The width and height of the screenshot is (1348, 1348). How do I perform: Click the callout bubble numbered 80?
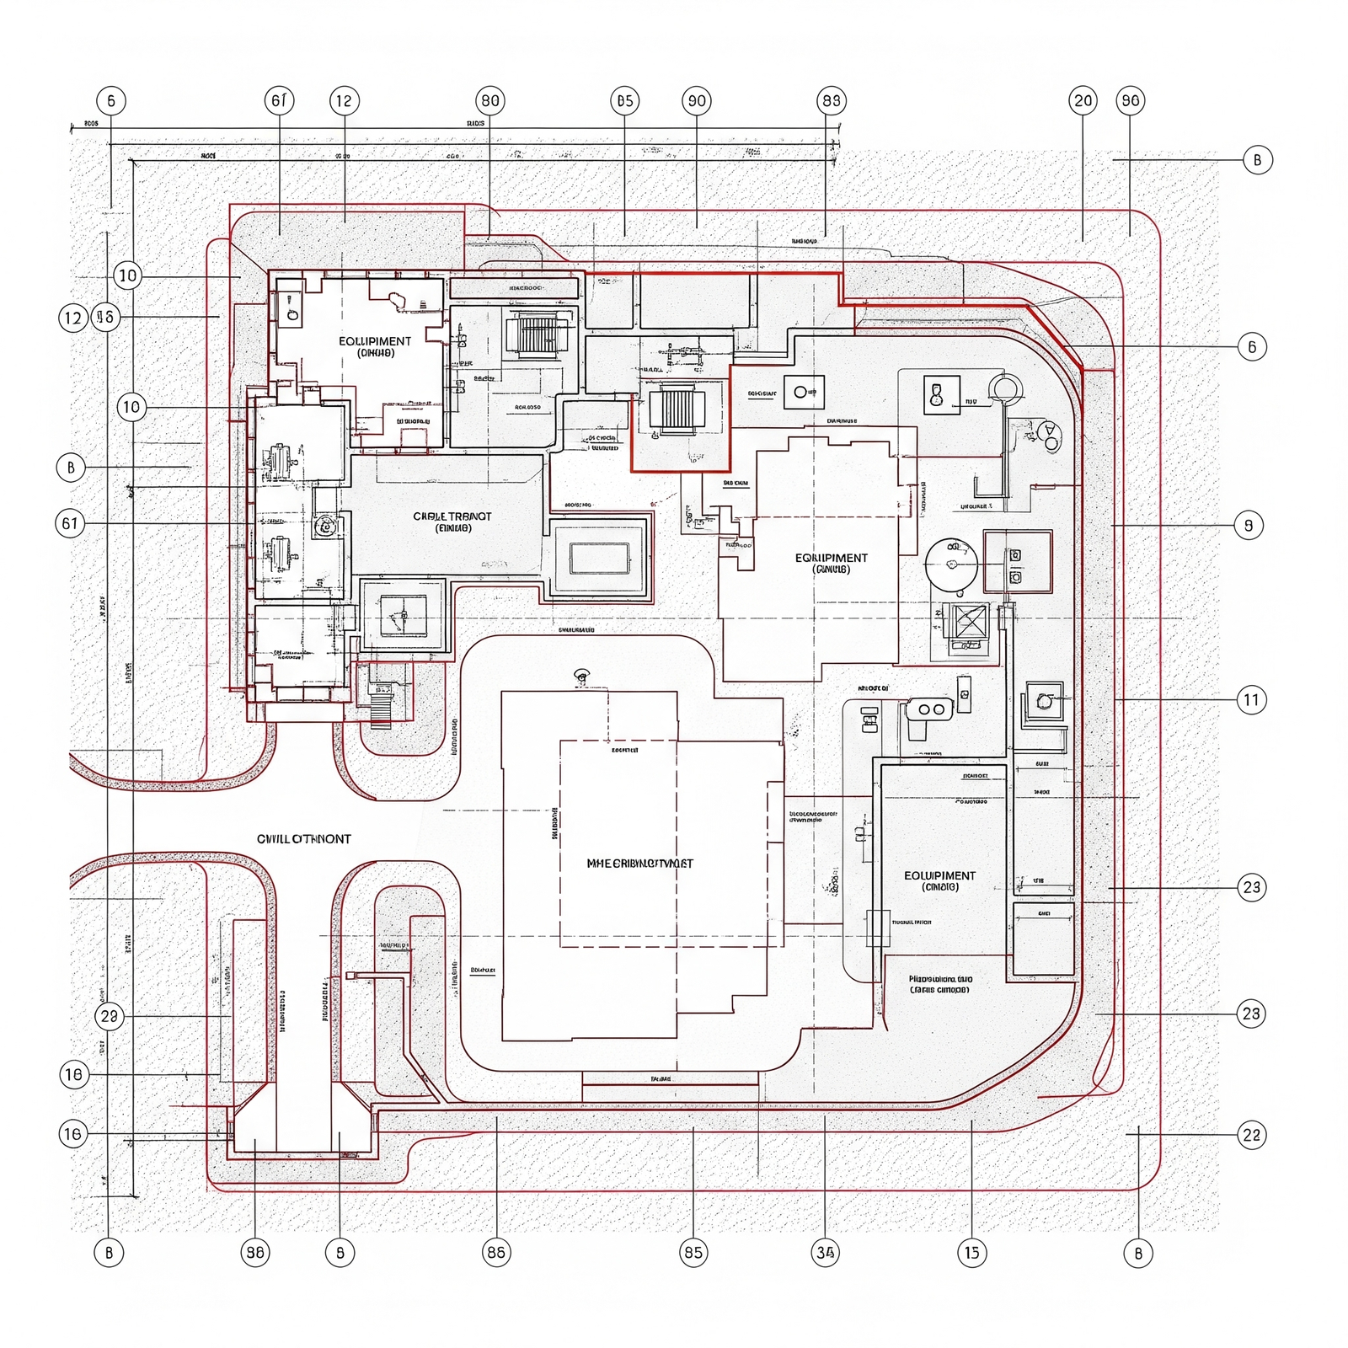coord(489,101)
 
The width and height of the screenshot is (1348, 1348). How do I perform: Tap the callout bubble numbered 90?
coord(697,101)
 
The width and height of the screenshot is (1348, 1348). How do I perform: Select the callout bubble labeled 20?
coord(1083,101)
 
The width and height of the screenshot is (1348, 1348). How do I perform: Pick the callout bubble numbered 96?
coord(1130,101)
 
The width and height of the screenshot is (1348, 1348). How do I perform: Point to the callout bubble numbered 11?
coord(1251,699)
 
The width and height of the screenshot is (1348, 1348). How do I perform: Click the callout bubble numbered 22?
coord(1251,1135)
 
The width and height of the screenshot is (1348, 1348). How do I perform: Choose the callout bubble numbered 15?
coord(971,1253)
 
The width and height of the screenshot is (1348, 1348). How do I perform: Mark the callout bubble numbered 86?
coord(496,1253)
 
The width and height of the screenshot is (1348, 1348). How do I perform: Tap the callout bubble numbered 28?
coord(109,1016)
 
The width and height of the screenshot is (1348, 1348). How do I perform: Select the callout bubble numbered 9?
coord(1249,526)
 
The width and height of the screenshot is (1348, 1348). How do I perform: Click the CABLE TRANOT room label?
coord(452,522)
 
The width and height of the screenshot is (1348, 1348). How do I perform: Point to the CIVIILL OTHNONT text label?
coord(303,839)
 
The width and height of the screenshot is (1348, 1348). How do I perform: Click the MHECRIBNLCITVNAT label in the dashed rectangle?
coord(639,864)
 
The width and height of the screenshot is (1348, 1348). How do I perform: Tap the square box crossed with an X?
coord(970,623)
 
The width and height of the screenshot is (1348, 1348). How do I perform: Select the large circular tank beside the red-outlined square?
coord(951,564)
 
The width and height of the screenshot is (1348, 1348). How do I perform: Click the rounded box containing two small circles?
coord(931,709)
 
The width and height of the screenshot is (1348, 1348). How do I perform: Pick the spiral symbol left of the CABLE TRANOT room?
coord(324,527)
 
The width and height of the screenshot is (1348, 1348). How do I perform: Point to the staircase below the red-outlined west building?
coord(381,706)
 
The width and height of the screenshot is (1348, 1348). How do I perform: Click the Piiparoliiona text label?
coord(940,984)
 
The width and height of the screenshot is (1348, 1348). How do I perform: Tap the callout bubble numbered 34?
coord(825,1253)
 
